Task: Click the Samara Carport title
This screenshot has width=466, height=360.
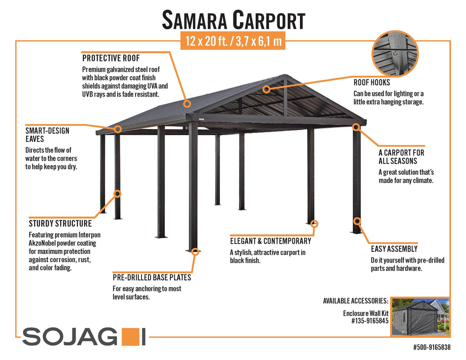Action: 233,20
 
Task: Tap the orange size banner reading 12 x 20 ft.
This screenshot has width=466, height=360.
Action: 233,41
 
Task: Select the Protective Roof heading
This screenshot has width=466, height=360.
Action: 111,58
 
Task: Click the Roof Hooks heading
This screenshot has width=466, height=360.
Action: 371,82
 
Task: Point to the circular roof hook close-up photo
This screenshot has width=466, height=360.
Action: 395,54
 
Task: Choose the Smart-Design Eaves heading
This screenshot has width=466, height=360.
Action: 47,135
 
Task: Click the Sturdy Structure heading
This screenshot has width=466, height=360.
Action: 60,223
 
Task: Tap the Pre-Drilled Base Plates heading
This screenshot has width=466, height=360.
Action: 152,277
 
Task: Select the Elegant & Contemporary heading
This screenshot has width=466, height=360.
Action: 270,241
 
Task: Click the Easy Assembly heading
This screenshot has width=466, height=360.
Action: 394,249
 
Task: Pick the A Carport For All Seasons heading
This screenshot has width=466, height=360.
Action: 401,157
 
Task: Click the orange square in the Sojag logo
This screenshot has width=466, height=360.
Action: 131,337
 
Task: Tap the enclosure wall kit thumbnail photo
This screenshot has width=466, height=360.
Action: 420,317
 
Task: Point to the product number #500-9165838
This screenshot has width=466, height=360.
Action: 432,347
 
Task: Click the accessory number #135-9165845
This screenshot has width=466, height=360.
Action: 370,321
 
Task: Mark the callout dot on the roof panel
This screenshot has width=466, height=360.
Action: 187,103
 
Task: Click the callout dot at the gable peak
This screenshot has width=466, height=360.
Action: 267,89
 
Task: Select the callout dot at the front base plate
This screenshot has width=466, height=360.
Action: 195,252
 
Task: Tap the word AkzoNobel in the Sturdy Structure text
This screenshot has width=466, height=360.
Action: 42,243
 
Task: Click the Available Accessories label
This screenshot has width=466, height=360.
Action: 355,301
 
